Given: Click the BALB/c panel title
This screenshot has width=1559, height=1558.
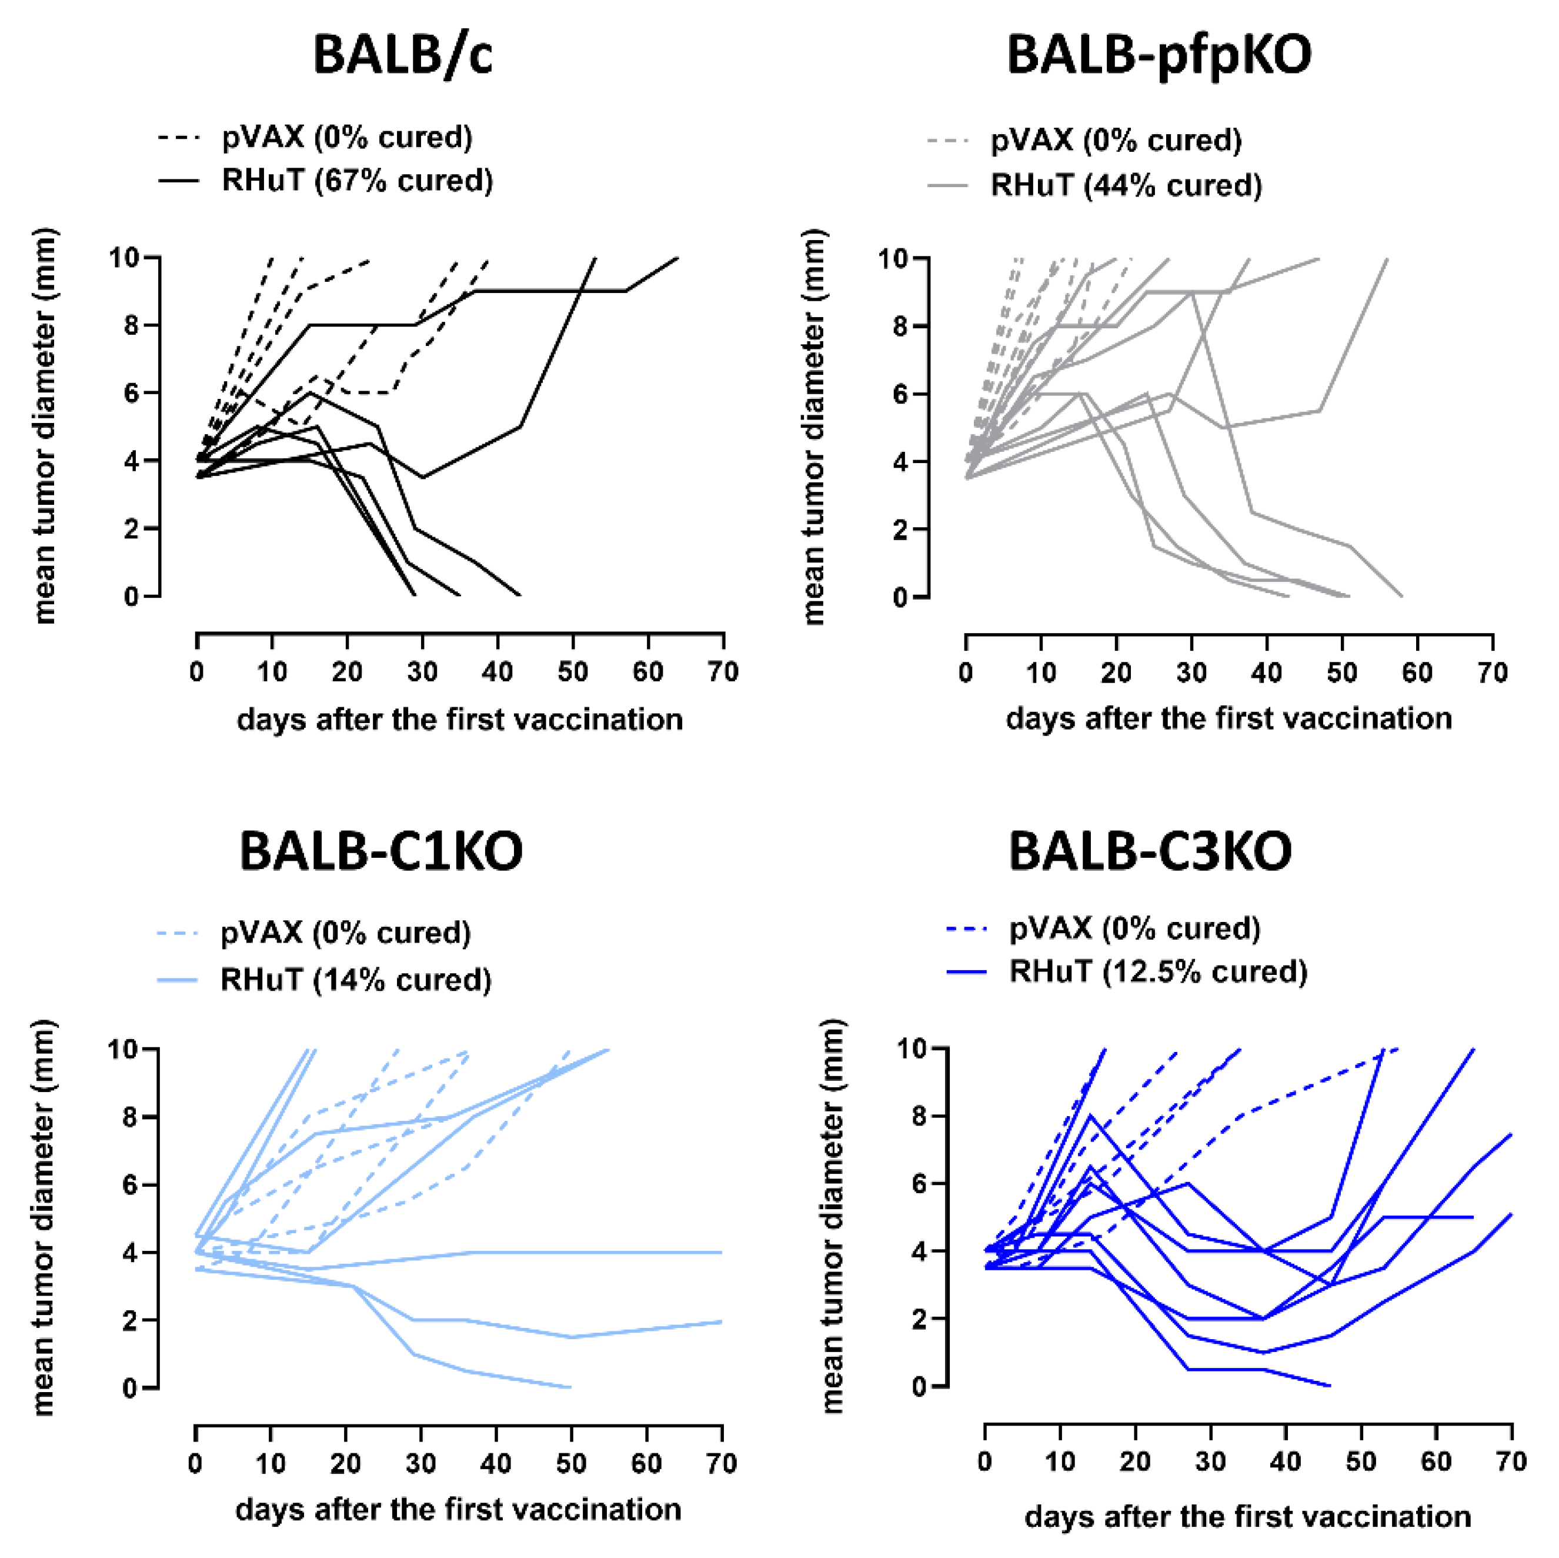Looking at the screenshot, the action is coord(403,55).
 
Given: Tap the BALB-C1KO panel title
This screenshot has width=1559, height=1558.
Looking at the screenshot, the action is coord(381,851).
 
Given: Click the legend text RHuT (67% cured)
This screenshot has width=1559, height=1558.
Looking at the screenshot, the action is coord(358,180).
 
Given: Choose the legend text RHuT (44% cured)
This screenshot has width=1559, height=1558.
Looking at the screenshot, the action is coord(1127,185).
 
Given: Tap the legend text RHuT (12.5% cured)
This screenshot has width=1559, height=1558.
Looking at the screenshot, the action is coord(1158,971).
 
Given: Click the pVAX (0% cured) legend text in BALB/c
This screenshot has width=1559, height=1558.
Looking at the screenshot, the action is coord(348,137).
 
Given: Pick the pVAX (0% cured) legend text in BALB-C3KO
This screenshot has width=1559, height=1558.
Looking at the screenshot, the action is coord(1134,928).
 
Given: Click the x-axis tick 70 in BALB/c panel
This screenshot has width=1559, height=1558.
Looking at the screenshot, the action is coord(723,672).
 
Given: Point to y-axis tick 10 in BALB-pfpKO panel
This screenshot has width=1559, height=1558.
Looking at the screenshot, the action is coord(893,258).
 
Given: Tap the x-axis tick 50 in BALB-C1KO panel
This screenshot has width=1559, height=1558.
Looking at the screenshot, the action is coord(571,1463).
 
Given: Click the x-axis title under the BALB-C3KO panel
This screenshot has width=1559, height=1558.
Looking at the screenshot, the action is coord(1247,1517).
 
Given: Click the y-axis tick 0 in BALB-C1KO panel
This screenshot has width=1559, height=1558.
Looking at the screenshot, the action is coord(131,1389).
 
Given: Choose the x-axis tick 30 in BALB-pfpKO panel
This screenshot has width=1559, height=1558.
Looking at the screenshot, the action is coord(1191,673).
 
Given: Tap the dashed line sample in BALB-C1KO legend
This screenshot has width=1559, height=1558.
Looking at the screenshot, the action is coord(178,934).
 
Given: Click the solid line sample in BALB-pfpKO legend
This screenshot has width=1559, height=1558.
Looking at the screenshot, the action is coord(948,187).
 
